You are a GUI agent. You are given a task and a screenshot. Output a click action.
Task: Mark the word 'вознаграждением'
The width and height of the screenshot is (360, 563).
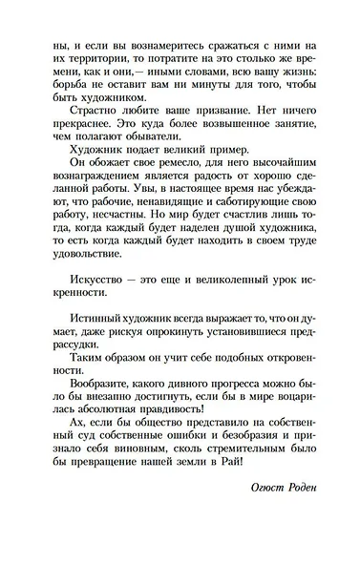84,214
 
